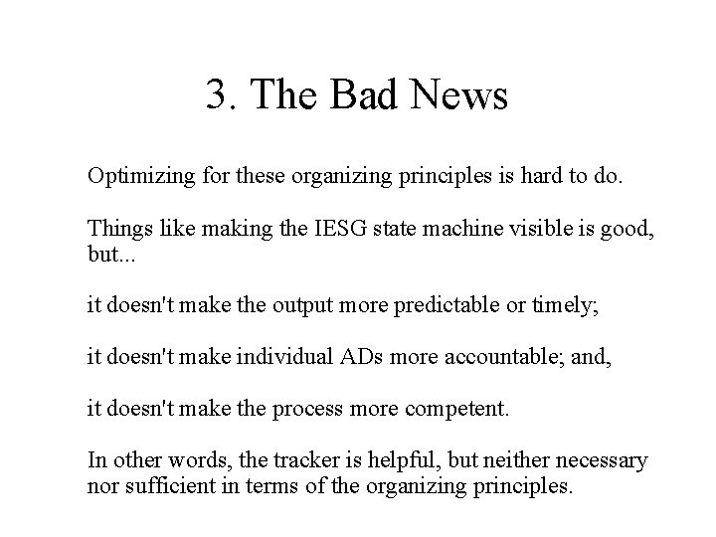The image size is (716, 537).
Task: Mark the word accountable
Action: point(482,355)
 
